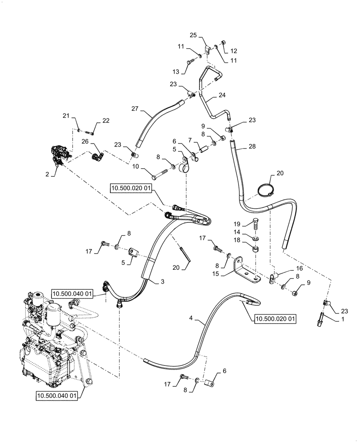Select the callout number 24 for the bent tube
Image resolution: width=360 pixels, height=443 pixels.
coord(222,95)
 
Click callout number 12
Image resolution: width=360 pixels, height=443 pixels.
coord(234,51)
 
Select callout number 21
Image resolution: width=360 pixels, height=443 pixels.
coord(66,116)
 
